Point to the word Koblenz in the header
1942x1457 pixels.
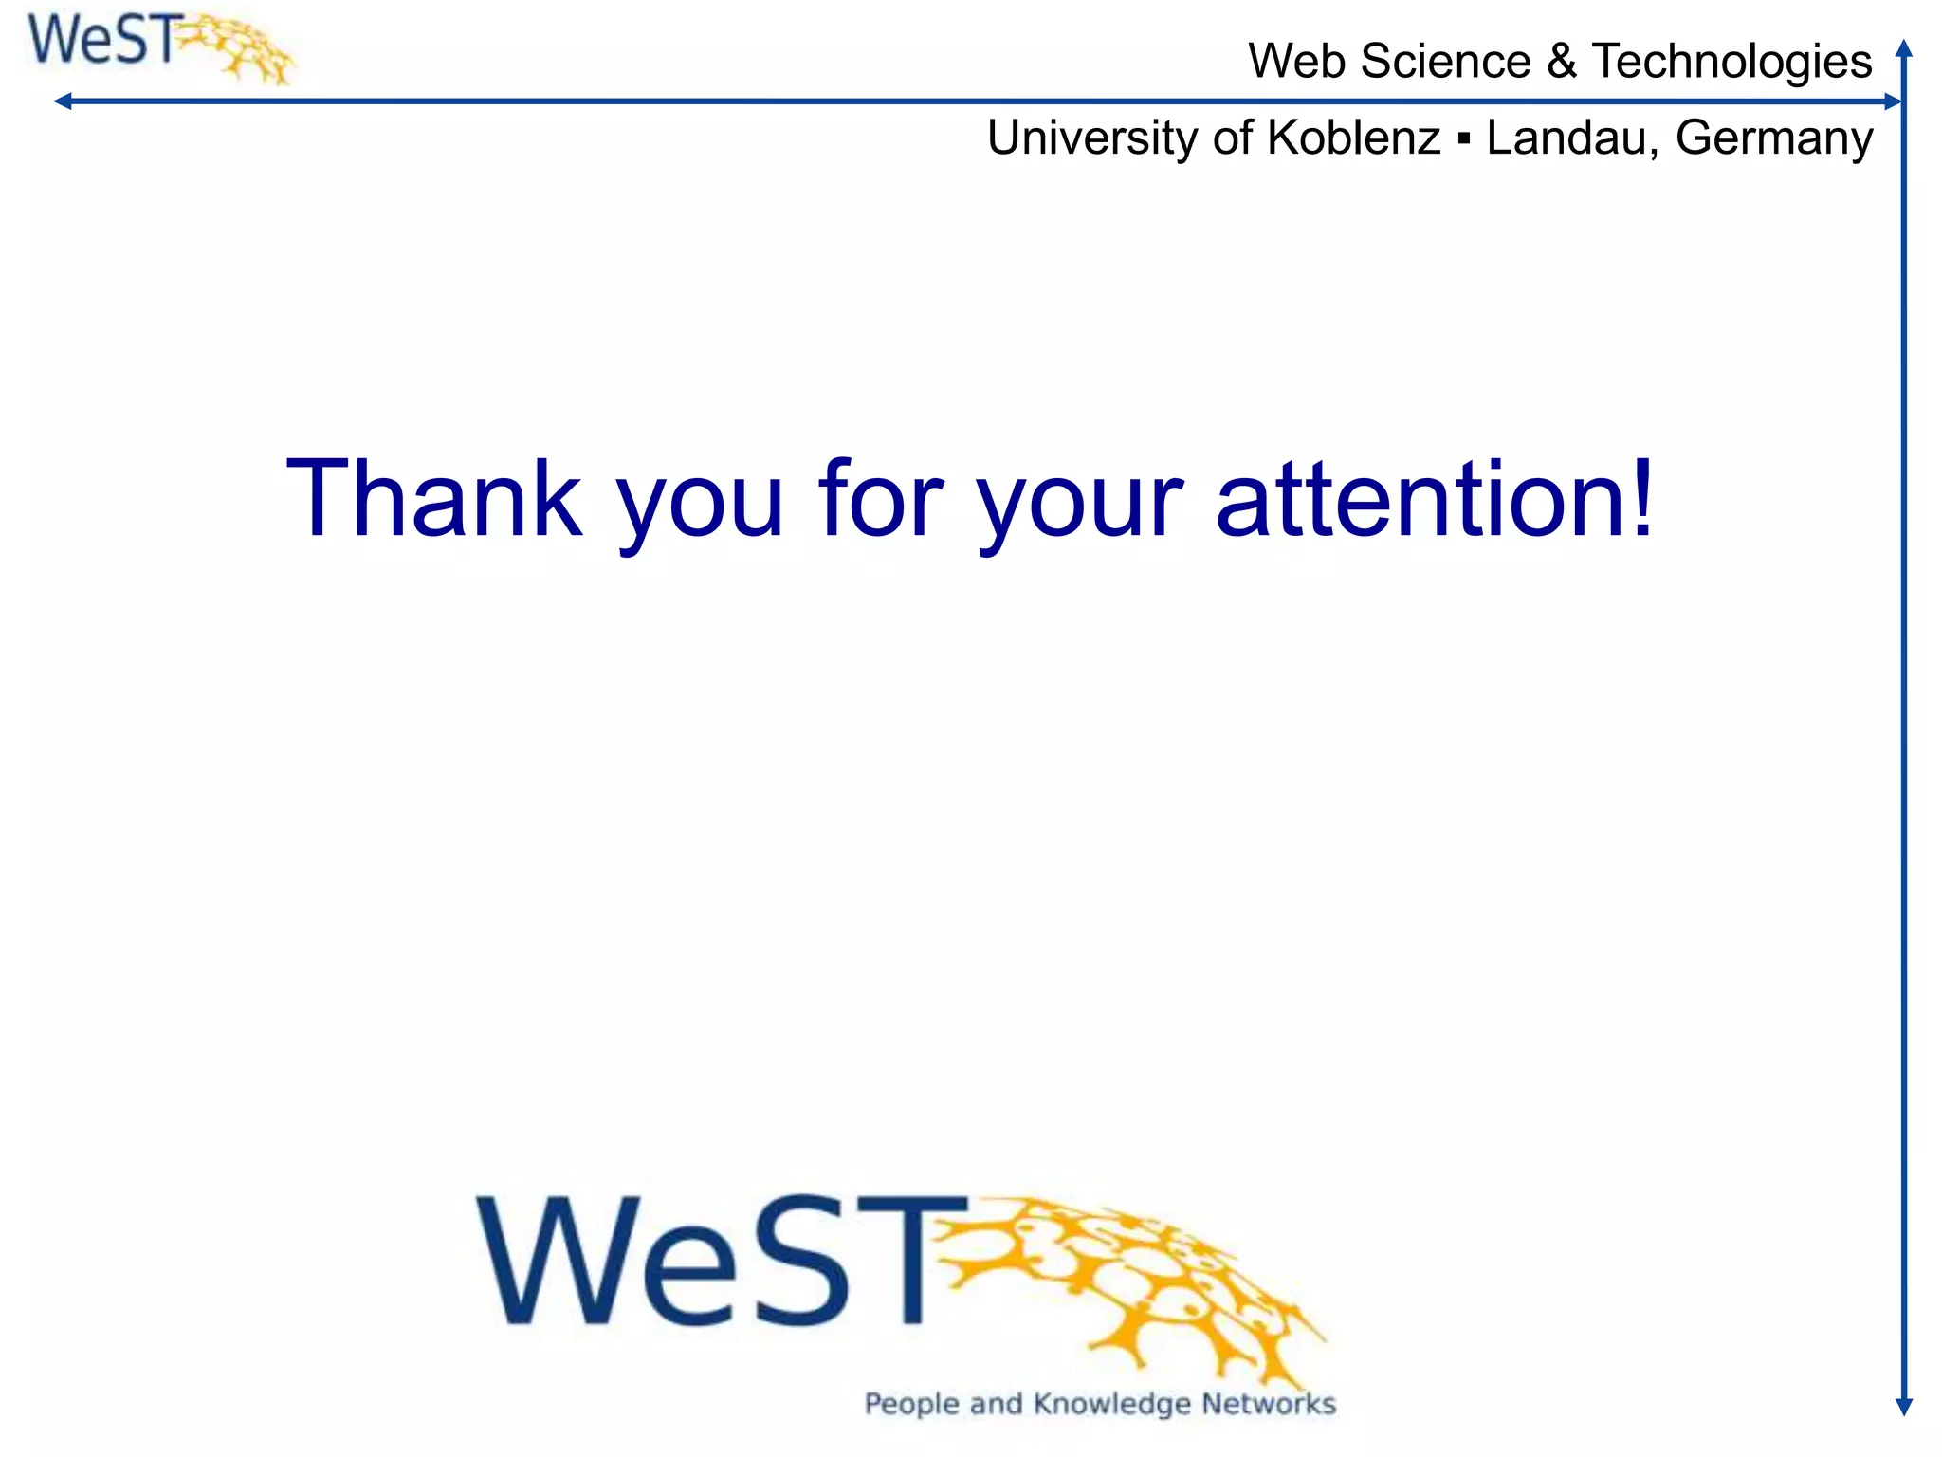[x=1353, y=138]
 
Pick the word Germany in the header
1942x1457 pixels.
[x=1773, y=138]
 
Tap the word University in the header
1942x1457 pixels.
[x=1093, y=138]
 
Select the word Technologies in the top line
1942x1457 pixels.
[x=1731, y=62]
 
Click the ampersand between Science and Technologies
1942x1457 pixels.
[x=1561, y=62]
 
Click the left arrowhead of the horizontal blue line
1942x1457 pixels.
[x=63, y=101]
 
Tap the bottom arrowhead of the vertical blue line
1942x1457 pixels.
[x=1903, y=1407]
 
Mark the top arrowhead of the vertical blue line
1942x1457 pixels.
[x=1903, y=47]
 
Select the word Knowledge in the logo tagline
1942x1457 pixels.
[x=1111, y=1404]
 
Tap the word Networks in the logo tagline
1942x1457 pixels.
[x=1269, y=1404]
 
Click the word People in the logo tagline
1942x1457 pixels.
[x=911, y=1404]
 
